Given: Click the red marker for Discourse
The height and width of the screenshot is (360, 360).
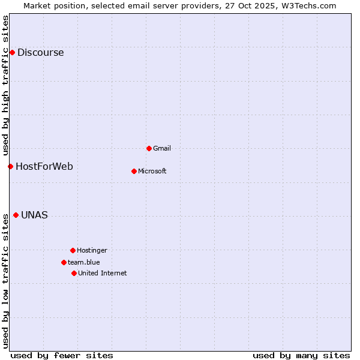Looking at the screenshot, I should pos(12,52).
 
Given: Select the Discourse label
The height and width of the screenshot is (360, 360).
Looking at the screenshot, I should pos(40,52).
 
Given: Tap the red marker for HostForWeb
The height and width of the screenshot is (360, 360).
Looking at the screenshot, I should pos(10,166).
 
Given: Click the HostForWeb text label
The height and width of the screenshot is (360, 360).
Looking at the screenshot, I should pos(44,166).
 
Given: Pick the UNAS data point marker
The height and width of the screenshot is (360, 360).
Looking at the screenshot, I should pos(16,215).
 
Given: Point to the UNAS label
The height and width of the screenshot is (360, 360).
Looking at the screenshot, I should pos(34,215).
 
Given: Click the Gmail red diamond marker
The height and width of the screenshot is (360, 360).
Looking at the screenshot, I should pos(149,148).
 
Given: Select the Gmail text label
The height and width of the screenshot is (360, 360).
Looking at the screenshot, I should pos(162,148).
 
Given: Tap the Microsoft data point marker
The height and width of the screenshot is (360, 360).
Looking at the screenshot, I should pos(134,171).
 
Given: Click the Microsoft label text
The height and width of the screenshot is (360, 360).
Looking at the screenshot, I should pos(152,171).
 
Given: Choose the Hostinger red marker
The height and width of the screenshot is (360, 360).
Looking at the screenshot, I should pos(73,250).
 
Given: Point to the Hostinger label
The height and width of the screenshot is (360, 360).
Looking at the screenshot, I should pos(92,250).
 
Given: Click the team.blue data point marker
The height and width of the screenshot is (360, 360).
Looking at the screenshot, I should pos(64,262).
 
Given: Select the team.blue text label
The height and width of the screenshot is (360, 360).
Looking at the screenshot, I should pos(83,262).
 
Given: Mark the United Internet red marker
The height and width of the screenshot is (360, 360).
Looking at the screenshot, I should pos(74,273).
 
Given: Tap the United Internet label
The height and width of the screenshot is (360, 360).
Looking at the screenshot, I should pos(102,273).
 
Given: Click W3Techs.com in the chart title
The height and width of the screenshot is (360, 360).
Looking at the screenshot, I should pos(309,5).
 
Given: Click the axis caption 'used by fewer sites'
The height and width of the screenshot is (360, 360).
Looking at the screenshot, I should pos(61,355).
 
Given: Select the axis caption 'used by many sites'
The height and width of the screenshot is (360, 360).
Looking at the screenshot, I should pos(301,355).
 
